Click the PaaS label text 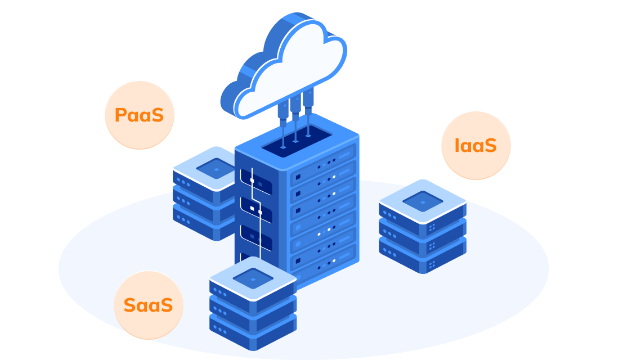tap(139, 115)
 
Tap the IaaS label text tap(475, 145)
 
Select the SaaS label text tap(148, 305)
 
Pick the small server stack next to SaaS tap(253, 304)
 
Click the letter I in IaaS tap(457, 145)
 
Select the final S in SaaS tap(166, 305)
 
